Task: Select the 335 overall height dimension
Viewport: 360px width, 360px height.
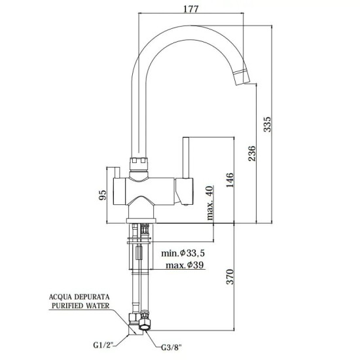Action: [x=266, y=124]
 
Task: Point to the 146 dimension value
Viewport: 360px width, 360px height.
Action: [x=229, y=179]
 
